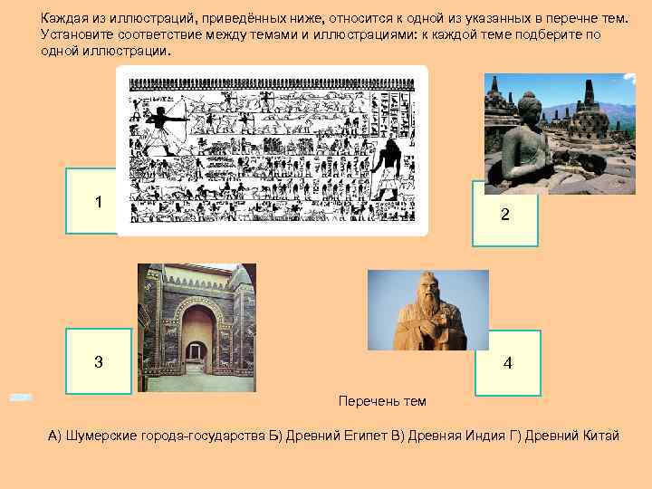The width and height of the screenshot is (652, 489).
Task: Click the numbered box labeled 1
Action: click(98, 201)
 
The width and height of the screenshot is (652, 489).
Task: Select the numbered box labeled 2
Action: click(504, 215)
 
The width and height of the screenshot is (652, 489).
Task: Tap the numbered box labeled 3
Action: click(98, 361)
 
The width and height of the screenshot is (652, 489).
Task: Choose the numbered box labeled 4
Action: click(507, 363)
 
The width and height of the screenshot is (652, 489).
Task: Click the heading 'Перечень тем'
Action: click(381, 401)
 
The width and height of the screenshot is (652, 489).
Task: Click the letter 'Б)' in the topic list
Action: click(275, 436)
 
